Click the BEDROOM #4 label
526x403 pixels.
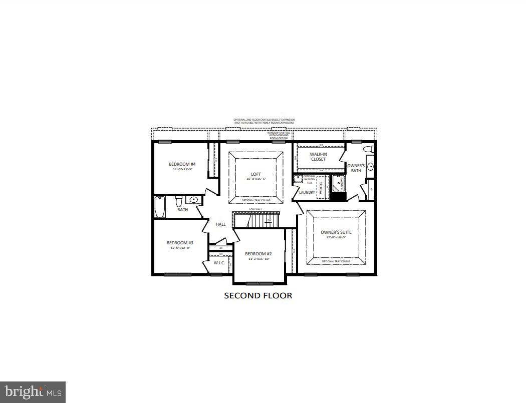(x=182, y=164)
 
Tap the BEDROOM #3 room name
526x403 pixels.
(x=180, y=243)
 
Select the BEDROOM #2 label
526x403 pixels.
(x=258, y=254)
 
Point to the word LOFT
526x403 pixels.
(x=256, y=174)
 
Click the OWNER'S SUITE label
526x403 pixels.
(x=336, y=232)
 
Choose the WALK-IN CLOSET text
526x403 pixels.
(x=318, y=157)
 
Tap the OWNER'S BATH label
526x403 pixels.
(x=356, y=168)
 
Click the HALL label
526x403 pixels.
(x=220, y=224)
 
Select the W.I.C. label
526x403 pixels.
(x=218, y=262)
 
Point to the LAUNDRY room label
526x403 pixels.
(x=307, y=192)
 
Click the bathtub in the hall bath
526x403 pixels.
(x=160, y=207)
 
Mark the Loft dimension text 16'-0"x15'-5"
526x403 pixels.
(x=256, y=179)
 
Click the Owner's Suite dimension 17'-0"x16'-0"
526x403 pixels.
(x=336, y=237)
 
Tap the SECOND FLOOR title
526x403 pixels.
(x=257, y=296)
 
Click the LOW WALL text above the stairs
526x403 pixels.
(x=256, y=209)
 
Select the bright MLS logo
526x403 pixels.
(x=33, y=391)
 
